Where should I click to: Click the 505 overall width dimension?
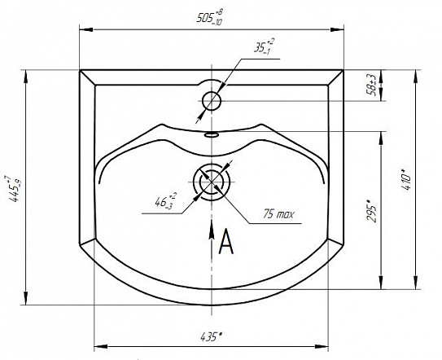click(210, 17)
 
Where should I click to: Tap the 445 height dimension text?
click(14, 189)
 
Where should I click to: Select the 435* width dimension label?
click(211, 336)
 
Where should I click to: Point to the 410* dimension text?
click(406, 179)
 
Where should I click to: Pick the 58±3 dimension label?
click(371, 86)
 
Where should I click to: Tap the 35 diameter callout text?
click(264, 46)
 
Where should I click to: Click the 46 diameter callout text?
click(165, 200)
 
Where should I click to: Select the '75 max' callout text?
click(278, 214)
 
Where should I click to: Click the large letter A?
click(226, 242)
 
